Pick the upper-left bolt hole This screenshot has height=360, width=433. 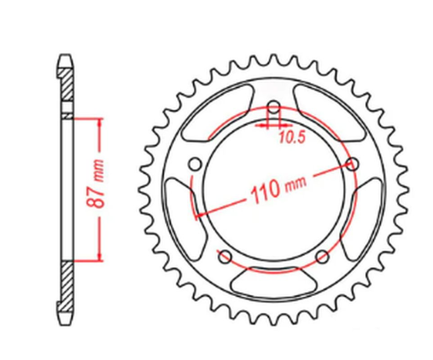(x=196, y=164)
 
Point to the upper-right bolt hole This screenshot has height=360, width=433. (x=351, y=164)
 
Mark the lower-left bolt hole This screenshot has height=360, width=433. (x=225, y=255)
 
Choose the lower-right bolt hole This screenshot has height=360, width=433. (x=322, y=255)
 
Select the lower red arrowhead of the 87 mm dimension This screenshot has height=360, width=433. (x=101, y=256)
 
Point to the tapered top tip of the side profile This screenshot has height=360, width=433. (x=66, y=60)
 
